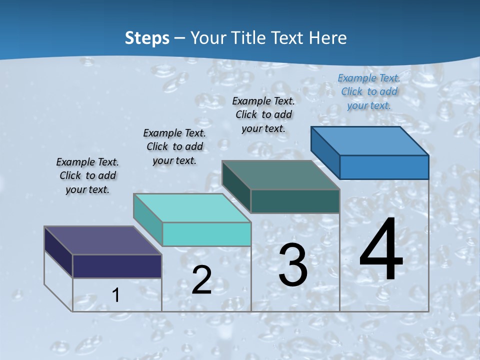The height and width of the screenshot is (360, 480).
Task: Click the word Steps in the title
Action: click(147, 38)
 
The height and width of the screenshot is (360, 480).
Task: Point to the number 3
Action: click(293, 265)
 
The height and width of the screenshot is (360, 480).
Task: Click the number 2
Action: click(201, 280)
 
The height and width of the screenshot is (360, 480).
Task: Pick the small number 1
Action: click(116, 295)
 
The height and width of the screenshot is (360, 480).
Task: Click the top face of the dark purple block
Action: click(102, 240)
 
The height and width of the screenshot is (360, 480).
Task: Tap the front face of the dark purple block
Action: click(117, 266)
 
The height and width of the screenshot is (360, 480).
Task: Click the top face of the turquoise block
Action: click(192, 208)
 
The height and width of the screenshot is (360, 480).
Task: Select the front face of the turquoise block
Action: click(206, 234)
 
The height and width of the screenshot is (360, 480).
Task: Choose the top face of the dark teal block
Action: click(280, 175)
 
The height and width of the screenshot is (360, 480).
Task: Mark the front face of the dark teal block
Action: click(295, 201)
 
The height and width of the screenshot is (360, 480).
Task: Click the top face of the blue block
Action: click(369, 141)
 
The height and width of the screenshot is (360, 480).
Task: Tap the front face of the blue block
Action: click(384, 167)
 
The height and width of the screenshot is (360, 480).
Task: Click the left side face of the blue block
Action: click(325, 153)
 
